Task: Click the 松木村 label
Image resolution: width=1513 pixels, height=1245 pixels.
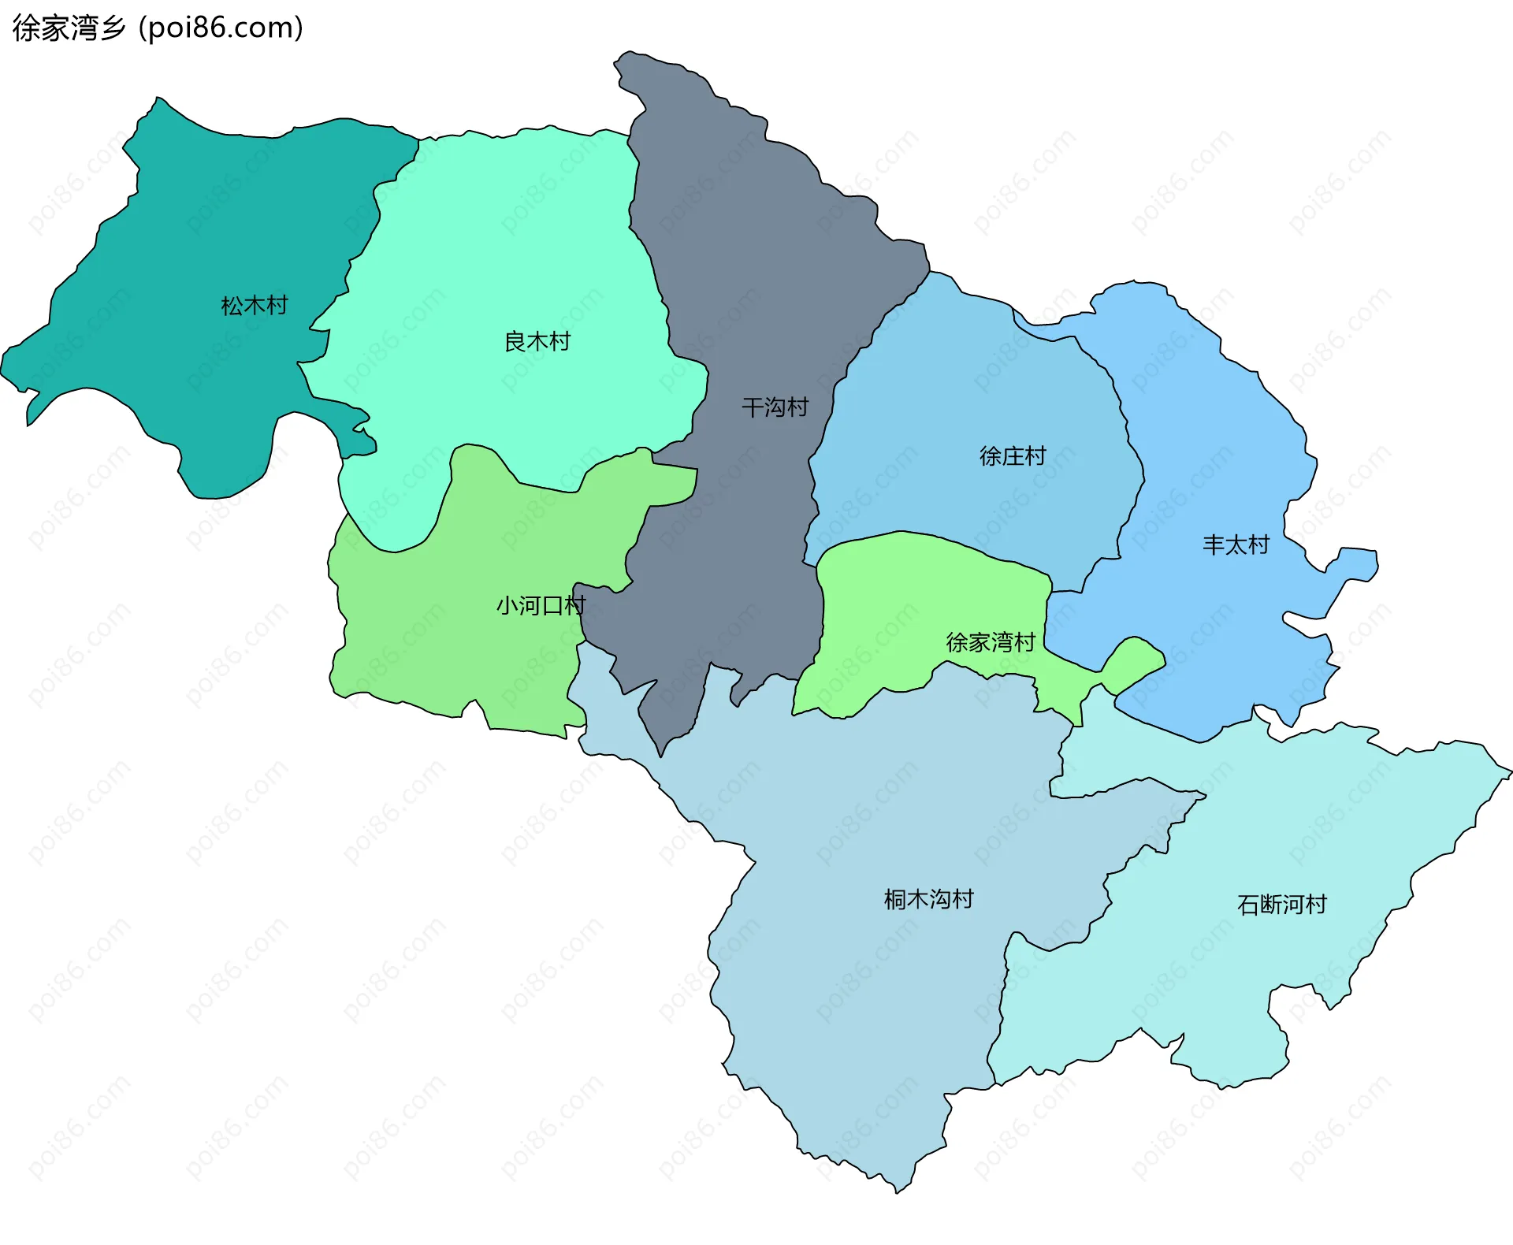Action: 255,306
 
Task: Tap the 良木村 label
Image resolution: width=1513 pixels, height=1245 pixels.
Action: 537,342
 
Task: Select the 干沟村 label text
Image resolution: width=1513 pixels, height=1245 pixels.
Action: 775,407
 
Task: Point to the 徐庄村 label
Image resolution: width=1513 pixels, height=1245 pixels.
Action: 1013,456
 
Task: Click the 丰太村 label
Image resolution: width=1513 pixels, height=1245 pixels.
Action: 1236,545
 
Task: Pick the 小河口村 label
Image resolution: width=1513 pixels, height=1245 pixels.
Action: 541,606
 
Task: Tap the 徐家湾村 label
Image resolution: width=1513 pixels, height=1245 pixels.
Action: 991,643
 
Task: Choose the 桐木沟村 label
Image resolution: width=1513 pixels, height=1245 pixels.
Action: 929,900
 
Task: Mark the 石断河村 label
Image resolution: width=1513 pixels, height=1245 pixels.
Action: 1282,905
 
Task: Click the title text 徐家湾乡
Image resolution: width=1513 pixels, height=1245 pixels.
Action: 69,28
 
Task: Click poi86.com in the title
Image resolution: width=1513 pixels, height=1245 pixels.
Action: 221,28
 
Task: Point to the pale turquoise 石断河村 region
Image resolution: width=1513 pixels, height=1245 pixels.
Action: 1261,827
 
